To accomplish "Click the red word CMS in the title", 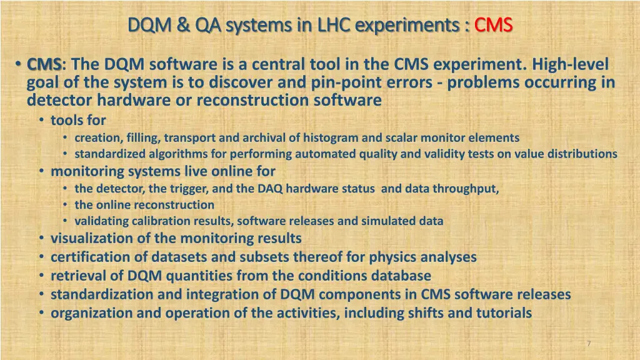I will (x=493, y=24).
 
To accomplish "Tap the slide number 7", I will (x=588, y=344).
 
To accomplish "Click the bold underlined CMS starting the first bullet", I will (x=44, y=64).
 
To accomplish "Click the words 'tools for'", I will (x=78, y=119).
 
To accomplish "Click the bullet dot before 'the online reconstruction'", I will (x=66, y=205).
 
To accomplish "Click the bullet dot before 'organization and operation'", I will (x=41, y=313).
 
